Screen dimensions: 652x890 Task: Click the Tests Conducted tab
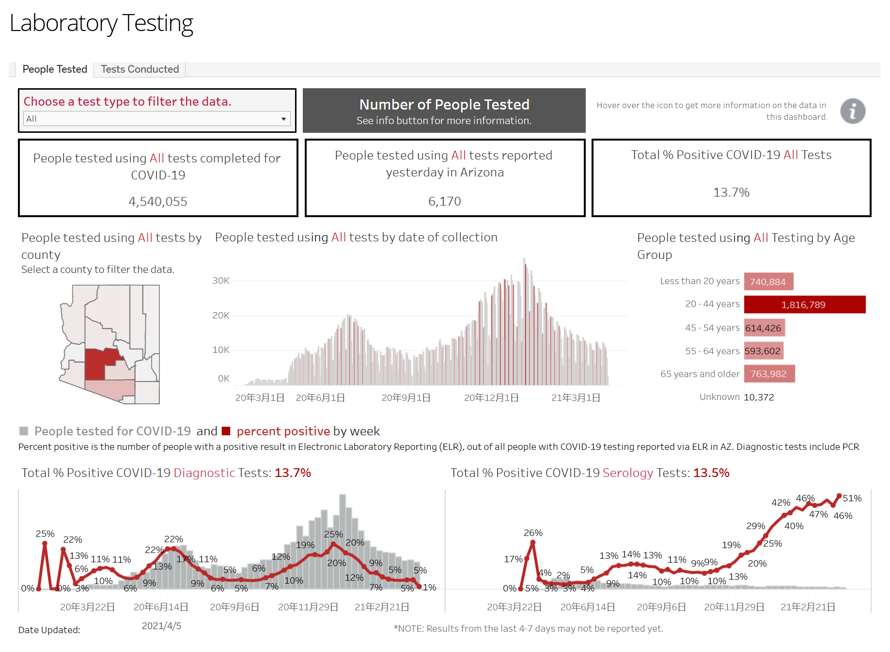[140, 69]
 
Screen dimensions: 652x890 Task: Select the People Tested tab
[55, 69]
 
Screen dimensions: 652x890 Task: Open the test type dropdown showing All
[157, 119]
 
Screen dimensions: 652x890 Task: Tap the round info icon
[853, 111]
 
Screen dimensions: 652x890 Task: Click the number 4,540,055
[158, 202]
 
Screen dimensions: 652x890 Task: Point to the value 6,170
[444, 201]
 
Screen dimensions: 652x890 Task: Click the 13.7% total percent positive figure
[731, 192]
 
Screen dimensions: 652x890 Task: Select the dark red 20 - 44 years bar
[804, 304]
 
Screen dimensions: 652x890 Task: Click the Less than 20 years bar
[768, 282]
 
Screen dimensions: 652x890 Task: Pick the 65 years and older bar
[769, 374]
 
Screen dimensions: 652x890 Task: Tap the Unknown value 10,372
[759, 397]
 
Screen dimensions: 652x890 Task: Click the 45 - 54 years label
[712, 328]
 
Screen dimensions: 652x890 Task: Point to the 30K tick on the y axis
[221, 281]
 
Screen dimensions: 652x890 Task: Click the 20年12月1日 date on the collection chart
[491, 398]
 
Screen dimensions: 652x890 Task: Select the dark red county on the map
[97, 364]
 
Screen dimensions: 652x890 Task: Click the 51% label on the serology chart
[852, 498]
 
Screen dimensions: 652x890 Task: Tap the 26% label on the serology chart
[533, 533]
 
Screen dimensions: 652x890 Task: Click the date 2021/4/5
[161, 626]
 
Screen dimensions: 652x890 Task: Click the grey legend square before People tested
[23, 431]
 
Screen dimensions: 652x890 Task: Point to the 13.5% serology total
[711, 473]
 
